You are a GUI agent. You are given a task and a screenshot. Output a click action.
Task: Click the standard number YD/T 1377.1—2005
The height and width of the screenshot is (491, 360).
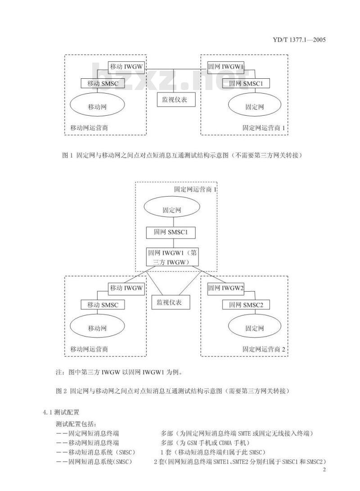coord(299,40)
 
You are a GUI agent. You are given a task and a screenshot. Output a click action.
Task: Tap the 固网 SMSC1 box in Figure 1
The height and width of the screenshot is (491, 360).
coord(243,83)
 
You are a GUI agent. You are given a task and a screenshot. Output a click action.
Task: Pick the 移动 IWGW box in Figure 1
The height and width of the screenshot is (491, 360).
coord(126,67)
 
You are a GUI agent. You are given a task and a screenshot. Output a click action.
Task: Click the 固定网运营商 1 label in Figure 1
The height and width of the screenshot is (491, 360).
coord(264,128)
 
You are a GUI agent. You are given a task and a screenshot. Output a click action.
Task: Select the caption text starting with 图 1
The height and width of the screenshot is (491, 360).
coord(182,155)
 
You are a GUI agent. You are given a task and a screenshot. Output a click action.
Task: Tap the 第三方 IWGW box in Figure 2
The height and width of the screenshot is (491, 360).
coord(172,257)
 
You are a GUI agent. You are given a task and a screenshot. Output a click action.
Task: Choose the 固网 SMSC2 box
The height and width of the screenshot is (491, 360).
coord(243,305)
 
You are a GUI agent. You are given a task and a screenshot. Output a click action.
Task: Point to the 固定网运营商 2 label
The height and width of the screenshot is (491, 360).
coord(264,349)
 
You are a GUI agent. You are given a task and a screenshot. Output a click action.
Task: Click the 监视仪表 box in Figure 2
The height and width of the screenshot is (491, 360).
coord(171,302)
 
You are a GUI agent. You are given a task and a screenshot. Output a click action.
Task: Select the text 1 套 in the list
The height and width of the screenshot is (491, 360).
coord(164,451)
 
